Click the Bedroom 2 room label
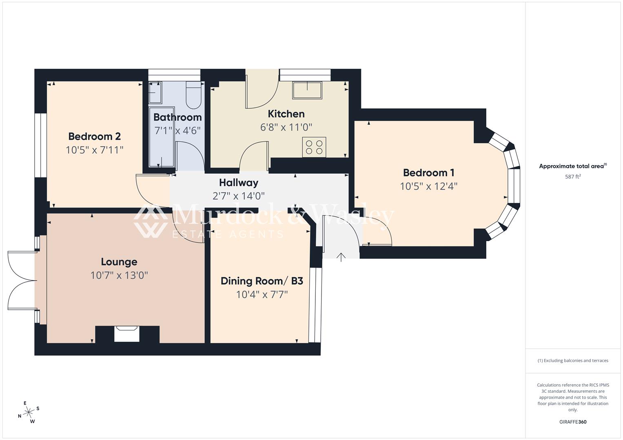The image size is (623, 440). pyautogui.click(x=94, y=136)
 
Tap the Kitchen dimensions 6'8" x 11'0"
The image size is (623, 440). pyautogui.click(x=286, y=128)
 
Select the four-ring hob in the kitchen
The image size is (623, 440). pyautogui.click(x=314, y=147)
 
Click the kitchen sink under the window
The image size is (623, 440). pyautogui.click(x=307, y=90)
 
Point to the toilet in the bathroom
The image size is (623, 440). pyautogui.click(x=194, y=95)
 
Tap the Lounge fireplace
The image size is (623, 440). pyautogui.click(x=127, y=334)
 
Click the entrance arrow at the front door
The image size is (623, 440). pyautogui.click(x=341, y=257)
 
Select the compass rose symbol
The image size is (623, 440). pyautogui.click(x=29, y=412)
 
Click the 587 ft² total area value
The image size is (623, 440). pyautogui.click(x=573, y=177)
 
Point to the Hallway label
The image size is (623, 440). pyautogui.click(x=239, y=183)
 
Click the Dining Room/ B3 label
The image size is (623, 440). pyautogui.click(x=262, y=281)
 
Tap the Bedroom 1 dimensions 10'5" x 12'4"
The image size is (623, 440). pyautogui.click(x=428, y=187)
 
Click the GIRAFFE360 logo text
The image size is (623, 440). pyautogui.click(x=573, y=422)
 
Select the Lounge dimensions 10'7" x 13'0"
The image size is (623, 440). pyautogui.click(x=119, y=275)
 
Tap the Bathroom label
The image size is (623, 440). pyautogui.click(x=177, y=117)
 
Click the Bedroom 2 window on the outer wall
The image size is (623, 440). pyautogui.click(x=40, y=145)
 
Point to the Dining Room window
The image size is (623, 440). pyautogui.click(x=315, y=305)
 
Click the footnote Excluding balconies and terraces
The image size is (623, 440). pyautogui.click(x=573, y=361)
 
